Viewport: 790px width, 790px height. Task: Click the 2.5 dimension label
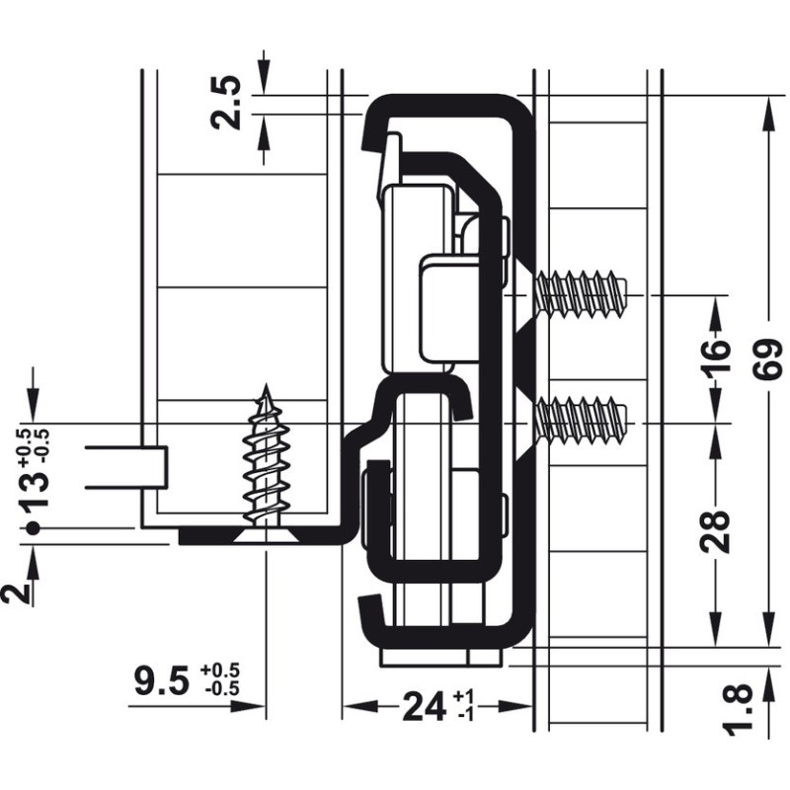226,104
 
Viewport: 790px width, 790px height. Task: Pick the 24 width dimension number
424,707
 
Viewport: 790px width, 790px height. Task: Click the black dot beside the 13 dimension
33,528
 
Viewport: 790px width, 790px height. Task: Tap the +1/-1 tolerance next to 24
462,706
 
